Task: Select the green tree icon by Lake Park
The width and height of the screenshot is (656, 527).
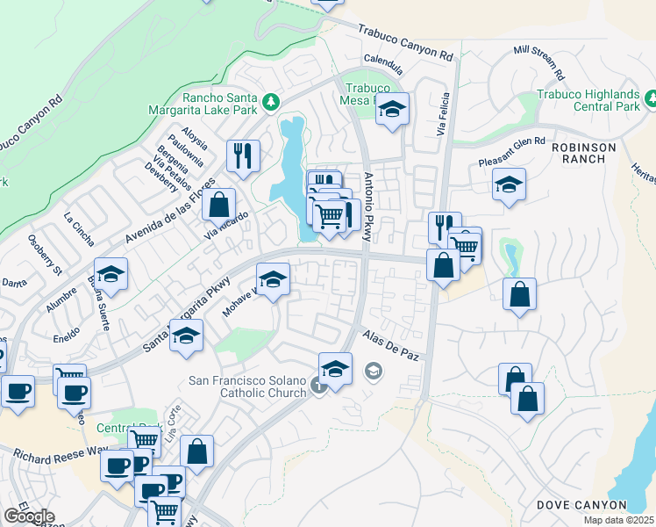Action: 271,103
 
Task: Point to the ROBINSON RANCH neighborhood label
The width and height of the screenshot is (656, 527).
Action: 584,153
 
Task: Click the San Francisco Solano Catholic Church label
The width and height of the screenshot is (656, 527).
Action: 248,386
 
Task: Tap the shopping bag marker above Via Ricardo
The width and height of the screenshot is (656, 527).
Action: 218,205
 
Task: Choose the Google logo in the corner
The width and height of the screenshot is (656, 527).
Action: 28,516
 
